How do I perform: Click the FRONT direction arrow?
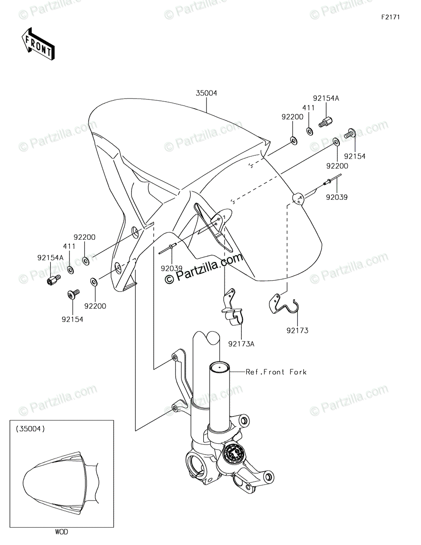(x=38, y=44)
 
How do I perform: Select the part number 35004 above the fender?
(x=206, y=93)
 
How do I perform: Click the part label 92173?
(x=297, y=331)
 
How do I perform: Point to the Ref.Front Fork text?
(x=276, y=372)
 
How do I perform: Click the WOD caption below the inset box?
(x=62, y=532)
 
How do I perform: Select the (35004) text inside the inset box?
(x=30, y=428)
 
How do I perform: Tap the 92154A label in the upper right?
(x=326, y=98)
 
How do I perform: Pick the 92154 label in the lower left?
(x=73, y=319)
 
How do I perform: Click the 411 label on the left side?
(x=69, y=246)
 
